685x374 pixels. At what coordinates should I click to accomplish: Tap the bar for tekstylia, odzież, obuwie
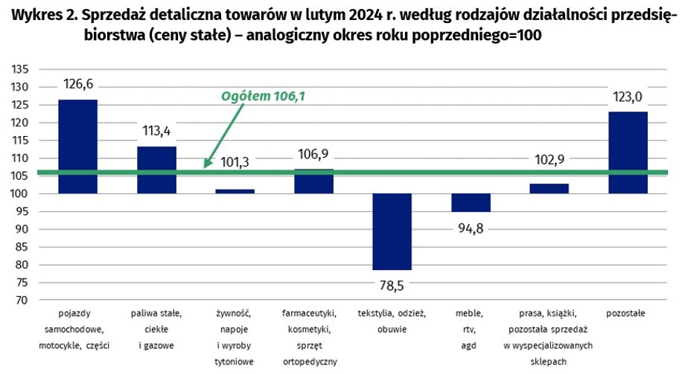pyautogui.click(x=392, y=231)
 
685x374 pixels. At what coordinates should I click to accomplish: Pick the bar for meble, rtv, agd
pyautogui.click(x=471, y=203)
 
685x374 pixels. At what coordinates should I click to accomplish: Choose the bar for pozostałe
pyautogui.click(x=628, y=152)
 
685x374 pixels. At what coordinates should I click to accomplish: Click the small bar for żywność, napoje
pyautogui.click(x=235, y=191)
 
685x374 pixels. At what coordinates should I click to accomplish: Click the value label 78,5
pyautogui.click(x=392, y=283)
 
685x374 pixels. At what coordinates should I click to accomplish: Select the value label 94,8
pyautogui.click(x=471, y=229)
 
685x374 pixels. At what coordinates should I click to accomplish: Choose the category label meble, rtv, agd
pyautogui.click(x=471, y=329)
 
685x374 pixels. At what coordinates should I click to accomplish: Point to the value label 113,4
pyautogui.click(x=156, y=132)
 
